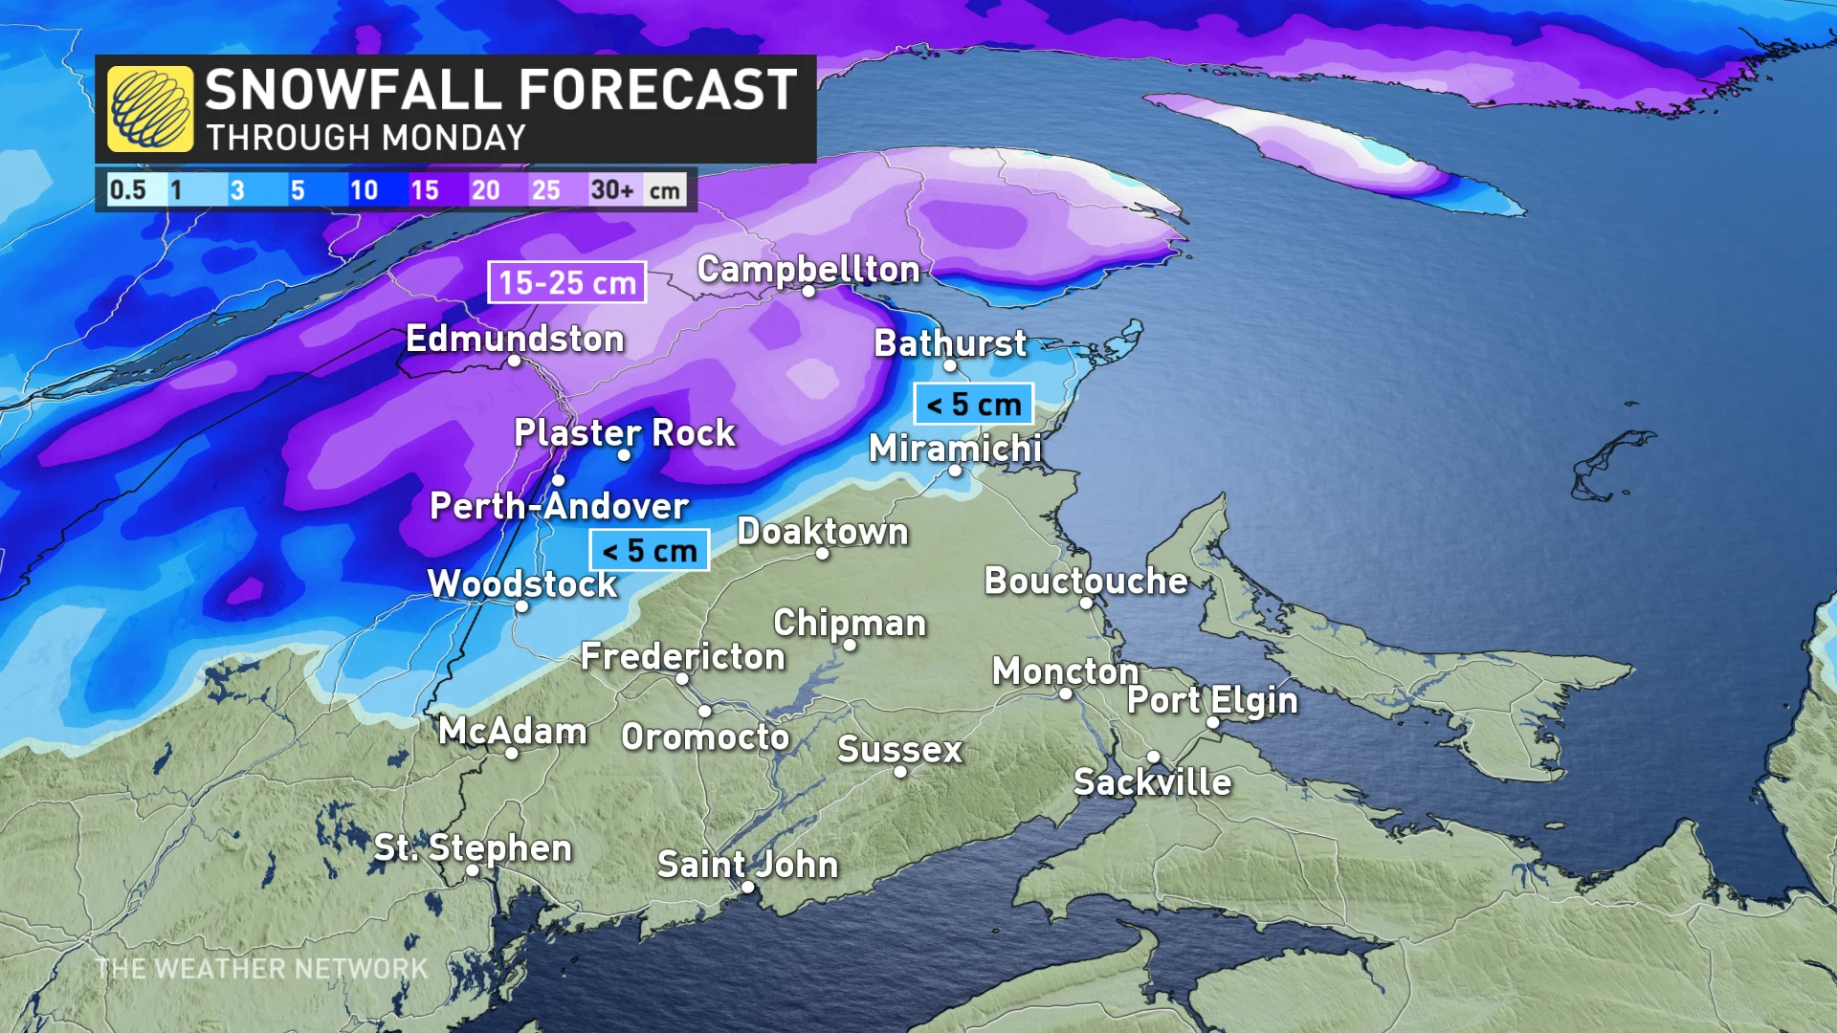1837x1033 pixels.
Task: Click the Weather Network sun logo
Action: (150, 109)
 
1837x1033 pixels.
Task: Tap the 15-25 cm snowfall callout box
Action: (567, 283)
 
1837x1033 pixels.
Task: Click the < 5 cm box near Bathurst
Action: (974, 405)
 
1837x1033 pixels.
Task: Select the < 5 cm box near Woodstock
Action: (650, 551)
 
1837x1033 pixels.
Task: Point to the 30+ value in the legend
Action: (612, 189)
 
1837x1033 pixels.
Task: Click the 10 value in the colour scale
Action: (364, 189)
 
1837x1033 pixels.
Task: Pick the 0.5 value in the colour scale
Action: (127, 189)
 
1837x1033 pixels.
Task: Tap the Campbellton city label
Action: (808, 269)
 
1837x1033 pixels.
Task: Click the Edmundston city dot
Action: (515, 361)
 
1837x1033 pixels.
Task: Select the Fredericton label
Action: (683, 656)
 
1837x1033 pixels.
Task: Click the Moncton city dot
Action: (1066, 693)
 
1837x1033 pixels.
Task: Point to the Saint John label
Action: (747, 864)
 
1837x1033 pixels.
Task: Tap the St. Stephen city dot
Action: (473, 870)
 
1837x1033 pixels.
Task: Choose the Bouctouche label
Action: (1086, 581)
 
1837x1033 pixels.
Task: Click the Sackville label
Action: (1153, 782)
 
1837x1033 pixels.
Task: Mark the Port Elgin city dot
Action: (1212, 723)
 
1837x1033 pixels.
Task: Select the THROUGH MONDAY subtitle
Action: (366, 138)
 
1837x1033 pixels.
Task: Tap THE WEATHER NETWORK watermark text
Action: (261, 969)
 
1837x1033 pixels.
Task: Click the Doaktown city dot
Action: (823, 554)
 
